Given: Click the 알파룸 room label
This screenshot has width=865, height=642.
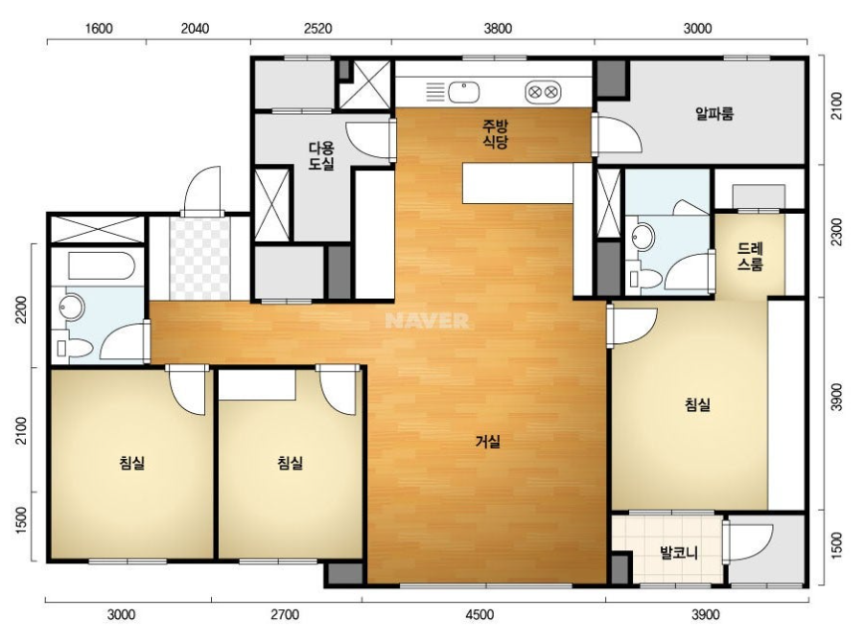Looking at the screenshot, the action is [714, 114].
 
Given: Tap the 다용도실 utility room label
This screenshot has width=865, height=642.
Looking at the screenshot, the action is [321, 156].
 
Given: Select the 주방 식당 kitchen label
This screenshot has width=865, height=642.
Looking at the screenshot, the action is [496, 134].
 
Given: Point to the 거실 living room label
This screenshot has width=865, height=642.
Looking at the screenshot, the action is [488, 442].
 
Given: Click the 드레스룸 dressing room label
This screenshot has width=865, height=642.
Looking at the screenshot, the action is [750, 257].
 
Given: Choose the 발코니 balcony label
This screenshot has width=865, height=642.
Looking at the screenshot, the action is [679, 552].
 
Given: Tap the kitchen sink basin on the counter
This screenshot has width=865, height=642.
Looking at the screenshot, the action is [463, 92].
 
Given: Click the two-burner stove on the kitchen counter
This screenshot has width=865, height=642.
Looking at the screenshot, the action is [543, 92].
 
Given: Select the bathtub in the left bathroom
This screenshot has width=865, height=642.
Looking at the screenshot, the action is [102, 266].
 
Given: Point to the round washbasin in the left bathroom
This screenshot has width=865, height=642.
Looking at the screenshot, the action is [72, 307].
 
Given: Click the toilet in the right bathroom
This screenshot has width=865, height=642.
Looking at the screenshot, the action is [644, 280].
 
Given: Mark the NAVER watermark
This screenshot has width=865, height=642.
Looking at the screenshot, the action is [428, 321].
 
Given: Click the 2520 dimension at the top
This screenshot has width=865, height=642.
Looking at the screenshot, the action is [317, 28].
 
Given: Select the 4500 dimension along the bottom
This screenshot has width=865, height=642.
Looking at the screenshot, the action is [479, 614].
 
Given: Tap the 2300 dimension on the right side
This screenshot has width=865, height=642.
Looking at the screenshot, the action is [837, 232].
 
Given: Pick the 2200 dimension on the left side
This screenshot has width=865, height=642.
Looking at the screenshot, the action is [21, 310].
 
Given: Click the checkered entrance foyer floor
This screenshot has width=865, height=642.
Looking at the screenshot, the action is [199, 259].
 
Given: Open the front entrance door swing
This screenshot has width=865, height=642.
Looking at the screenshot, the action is [202, 190].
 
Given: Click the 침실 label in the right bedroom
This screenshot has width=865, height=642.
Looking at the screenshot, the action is [698, 405].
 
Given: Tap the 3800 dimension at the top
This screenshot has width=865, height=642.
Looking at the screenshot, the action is [498, 28].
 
